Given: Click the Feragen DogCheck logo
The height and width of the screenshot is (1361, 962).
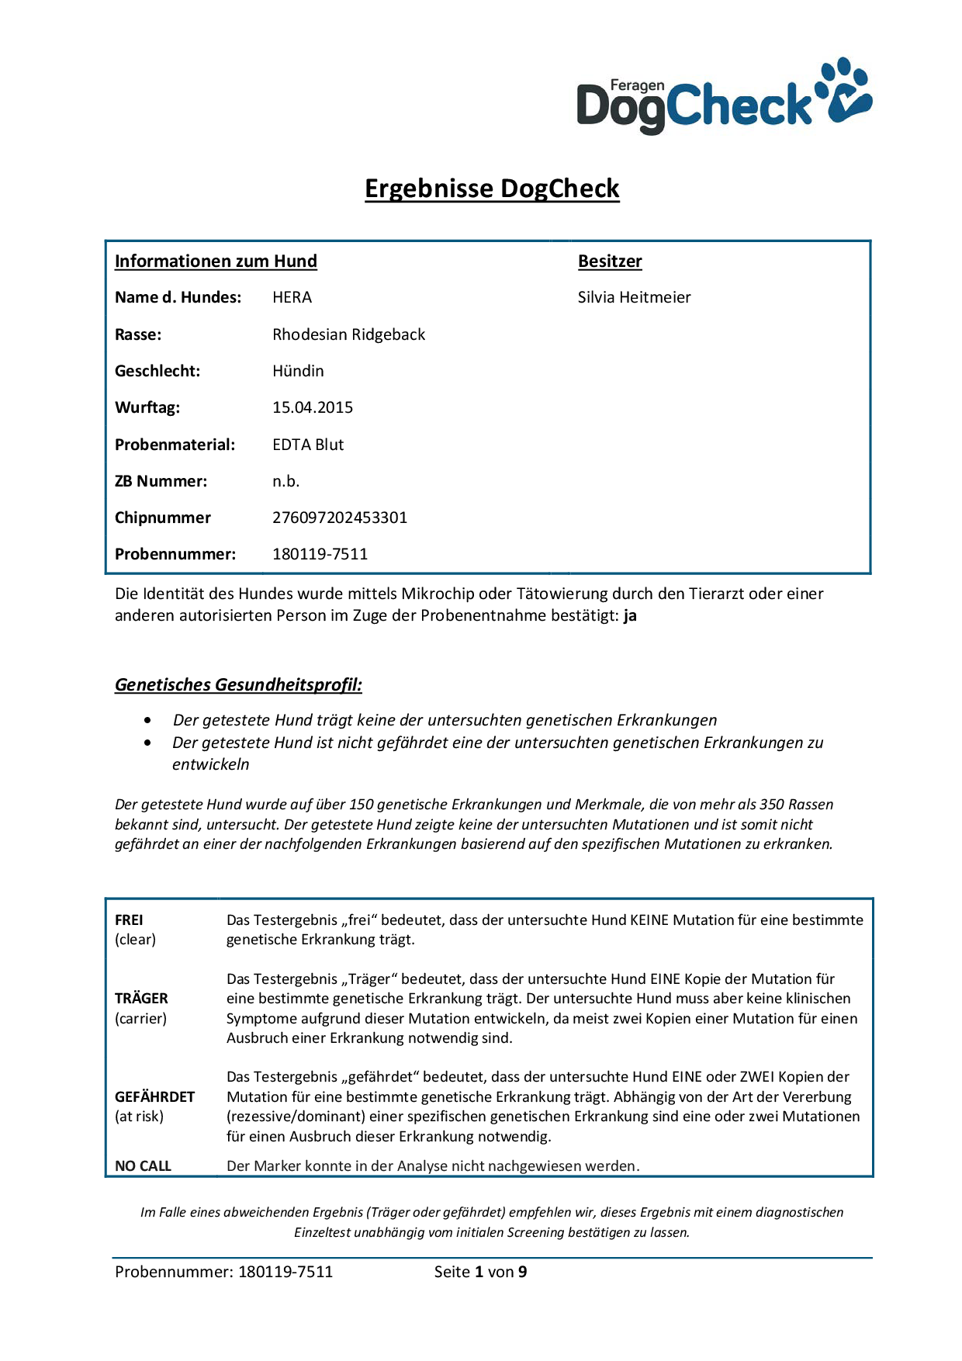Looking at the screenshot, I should [x=724, y=96].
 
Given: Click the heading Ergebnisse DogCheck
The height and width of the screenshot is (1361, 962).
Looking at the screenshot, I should [x=492, y=189].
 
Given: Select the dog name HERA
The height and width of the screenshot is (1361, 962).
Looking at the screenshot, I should [x=292, y=297].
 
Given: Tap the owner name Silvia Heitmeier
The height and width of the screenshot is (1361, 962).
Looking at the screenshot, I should [x=634, y=297].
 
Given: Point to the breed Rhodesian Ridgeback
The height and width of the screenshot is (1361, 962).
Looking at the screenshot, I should [x=348, y=334].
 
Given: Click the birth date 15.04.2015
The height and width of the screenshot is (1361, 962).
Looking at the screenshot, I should [x=313, y=407].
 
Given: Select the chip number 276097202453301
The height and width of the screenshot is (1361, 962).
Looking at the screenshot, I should [x=340, y=518].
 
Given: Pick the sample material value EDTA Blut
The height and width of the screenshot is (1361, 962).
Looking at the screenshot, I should [x=308, y=445].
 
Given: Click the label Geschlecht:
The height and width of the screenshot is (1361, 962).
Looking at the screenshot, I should [x=157, y=371].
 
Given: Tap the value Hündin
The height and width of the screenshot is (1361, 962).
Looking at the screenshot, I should [x=298, y=371].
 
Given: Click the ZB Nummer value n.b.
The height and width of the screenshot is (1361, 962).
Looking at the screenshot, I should [x=285, y=481].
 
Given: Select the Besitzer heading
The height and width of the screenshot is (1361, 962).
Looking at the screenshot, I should [x=610, y=261].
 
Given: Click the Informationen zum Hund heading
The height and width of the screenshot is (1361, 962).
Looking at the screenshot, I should [x=216, y=261].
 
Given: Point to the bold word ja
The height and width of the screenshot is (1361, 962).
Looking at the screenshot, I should [x=630, y=616].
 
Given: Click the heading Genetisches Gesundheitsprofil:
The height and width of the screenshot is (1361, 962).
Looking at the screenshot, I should [x=238, y=684].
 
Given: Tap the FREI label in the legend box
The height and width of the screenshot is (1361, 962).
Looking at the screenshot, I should [x=129, y=920].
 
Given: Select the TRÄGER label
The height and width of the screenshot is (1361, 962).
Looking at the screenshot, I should [x=141, y=999].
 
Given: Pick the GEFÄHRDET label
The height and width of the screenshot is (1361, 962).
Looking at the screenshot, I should [x=154, y=1096].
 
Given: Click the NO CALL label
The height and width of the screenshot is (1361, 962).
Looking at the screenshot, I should [x=143, y=1165].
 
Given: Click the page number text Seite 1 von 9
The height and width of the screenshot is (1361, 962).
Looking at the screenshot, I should [x=480, y=1272].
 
